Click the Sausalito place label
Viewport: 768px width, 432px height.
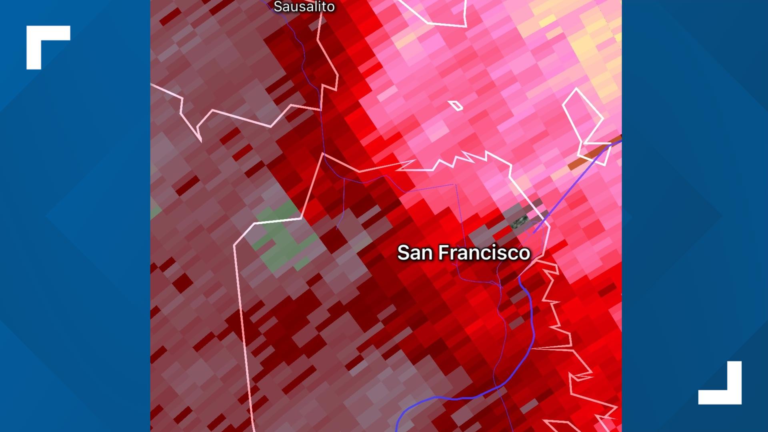point(304,6)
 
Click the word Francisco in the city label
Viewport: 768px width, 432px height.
point(484,253)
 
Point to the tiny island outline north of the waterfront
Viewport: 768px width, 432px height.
point(455,106)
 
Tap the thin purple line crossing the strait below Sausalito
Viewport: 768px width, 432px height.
point(322,120)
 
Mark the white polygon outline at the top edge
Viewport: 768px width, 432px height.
point(444,16)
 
